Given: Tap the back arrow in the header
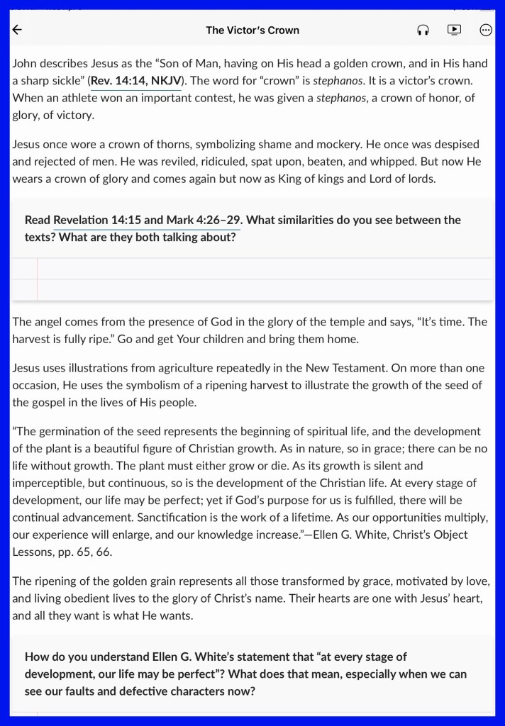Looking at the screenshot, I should click(18, 30).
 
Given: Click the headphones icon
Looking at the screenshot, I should click(423, 30).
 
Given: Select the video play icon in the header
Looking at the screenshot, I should click(455, 30).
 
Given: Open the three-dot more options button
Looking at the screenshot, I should click(486, 30).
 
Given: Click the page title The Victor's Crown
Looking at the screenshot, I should click(252, 30).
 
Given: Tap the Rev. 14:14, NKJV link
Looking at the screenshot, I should click(136, 81).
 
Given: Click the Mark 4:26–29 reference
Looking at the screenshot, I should click(204, 220).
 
